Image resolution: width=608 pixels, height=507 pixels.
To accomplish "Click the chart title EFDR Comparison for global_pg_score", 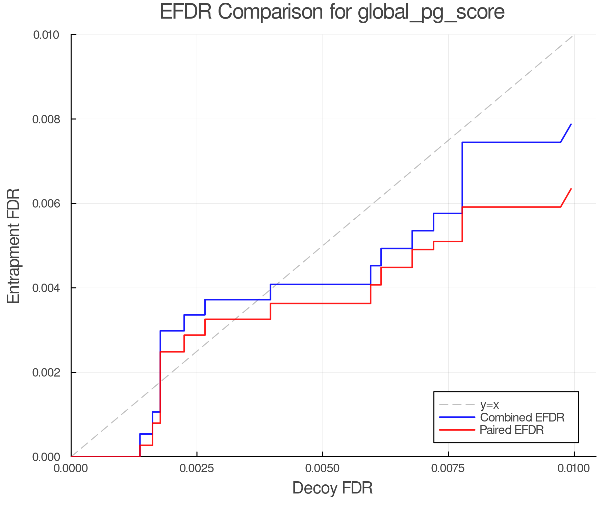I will pyautogui.click(x=332, y=12).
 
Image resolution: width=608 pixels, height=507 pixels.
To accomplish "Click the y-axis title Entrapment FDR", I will pyautogui.click(x=14, y=246).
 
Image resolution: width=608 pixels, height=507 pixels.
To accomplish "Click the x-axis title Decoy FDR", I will pyautogui.click(x=332, y=488).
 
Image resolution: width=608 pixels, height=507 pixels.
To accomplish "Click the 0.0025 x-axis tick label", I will pyautogui.click(x=197, y=468).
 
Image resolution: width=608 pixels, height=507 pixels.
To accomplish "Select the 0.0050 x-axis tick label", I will pyautogui.click(x=323, y=468).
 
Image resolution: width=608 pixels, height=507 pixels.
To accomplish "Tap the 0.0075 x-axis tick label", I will pyautogui.click(x=449, y=468).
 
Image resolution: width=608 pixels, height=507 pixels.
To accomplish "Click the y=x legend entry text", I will pyautogui.click(x=489, y=405).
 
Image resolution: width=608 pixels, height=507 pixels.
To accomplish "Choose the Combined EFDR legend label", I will pyautogui.click(x=522, y=417).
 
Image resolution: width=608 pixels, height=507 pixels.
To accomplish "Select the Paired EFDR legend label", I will pyautogui.click(x=512, y=430).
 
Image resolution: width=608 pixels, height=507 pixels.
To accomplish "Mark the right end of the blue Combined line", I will pyautogui.click(x=571, y=124).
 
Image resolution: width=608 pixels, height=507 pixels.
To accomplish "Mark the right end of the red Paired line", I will pyautogui.click(x=571, y=189).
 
